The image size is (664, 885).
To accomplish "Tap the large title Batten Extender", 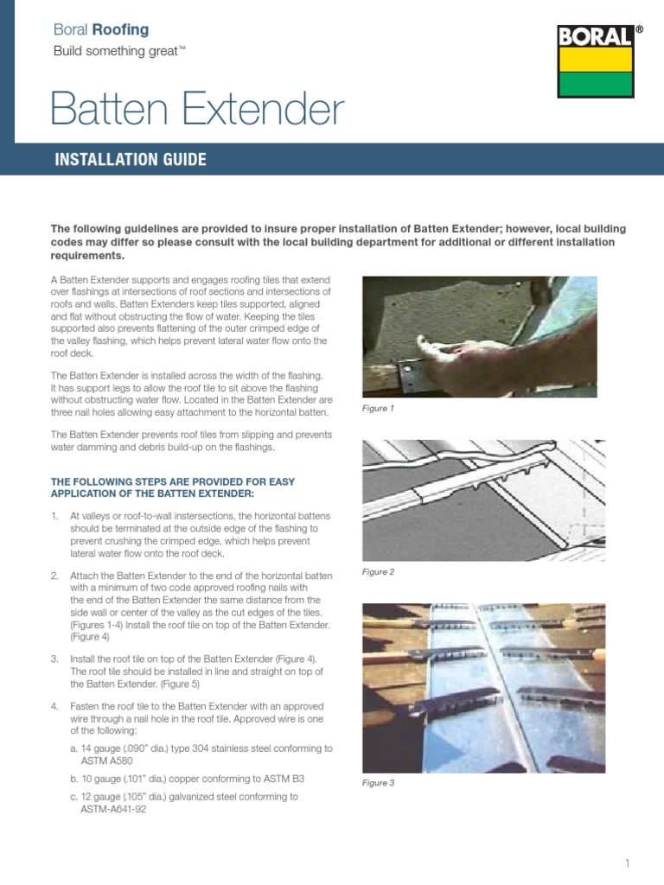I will coord(197,111).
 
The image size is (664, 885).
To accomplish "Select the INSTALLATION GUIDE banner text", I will coord(131,160).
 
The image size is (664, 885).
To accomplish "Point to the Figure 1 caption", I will coord(378,409).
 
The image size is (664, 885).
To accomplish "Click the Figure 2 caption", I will coord(378,572).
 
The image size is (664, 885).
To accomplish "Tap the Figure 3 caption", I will coord(378,783).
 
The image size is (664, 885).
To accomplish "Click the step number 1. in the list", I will coord(54,516).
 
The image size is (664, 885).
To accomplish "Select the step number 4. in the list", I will coord(54,705).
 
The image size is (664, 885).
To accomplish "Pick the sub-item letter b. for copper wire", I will coord(73,779).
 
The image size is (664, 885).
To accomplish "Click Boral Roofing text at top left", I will coord(100,29).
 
